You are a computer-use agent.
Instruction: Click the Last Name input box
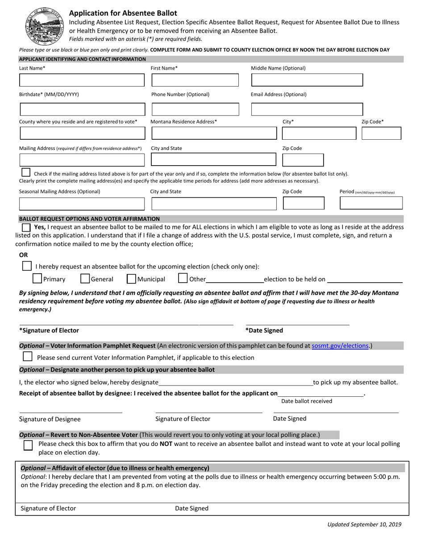(82, 80)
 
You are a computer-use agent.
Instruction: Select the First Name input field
(195, 80)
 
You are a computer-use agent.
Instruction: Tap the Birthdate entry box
(82, 109)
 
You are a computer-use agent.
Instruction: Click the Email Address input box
(307, 109)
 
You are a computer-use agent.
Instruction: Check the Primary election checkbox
(37, 279)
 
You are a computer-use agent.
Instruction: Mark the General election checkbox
(85, 279)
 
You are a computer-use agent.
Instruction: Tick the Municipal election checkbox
(131, 279)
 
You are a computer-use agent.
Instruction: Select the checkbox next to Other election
(183, 279)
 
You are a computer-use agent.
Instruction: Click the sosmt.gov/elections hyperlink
(341, 345)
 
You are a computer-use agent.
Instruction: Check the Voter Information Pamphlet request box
(27, 357)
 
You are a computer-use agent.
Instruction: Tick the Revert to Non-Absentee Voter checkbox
(28, 445)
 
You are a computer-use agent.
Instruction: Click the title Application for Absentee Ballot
(123, 13)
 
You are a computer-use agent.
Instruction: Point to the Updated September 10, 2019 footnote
(364, 524)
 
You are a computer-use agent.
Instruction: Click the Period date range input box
(371, 203)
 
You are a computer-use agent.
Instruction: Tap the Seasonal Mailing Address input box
(82, 204)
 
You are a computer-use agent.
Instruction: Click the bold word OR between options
(23, 255)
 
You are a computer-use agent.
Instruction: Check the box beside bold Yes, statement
(27, 227)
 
